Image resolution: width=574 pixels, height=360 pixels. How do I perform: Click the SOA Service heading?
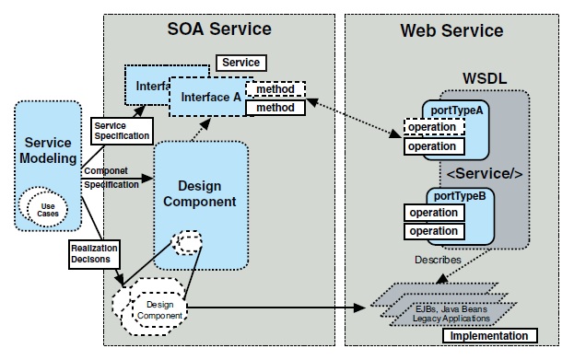[x=218, y=29]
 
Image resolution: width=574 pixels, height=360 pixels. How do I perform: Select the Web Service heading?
[x=451, y=30]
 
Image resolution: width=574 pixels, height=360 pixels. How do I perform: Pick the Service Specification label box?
[x=121, y=130]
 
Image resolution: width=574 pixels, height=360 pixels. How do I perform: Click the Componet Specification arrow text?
[x=109, y=177]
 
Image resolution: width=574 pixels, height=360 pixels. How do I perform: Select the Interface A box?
[x=211, y=97]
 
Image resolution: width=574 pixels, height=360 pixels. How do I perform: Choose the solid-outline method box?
[x=274, y=108]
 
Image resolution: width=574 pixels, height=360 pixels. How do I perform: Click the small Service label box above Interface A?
[x=240, y=63]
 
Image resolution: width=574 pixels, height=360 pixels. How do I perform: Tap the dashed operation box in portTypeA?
[x=432, y=128]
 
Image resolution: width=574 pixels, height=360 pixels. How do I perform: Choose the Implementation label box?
[x=489, y=335]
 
